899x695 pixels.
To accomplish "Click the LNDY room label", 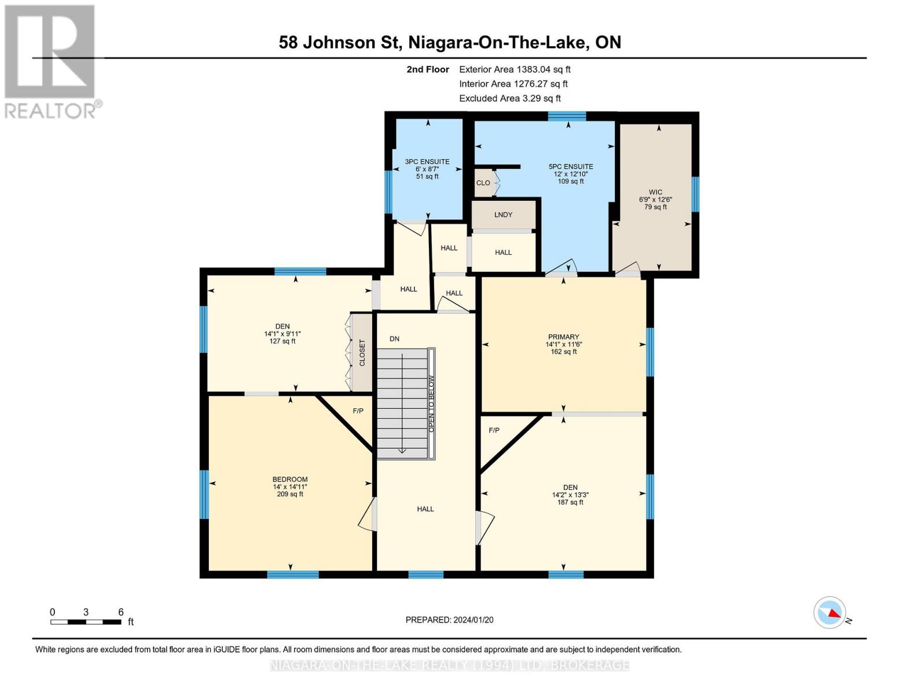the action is tap(503, 214).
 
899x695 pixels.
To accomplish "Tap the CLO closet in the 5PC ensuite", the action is tap(483, 182).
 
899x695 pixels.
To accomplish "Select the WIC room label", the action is tap(655, 192).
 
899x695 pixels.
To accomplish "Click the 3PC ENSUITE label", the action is tap(427, 162).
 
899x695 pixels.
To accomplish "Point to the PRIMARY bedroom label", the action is tap(563, 336).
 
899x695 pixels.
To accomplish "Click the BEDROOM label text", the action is tap(289, 480).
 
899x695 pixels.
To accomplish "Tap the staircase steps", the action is tap(402, 404).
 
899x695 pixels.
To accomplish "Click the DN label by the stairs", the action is tap(394, 339).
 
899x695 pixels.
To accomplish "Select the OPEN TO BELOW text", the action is tap(431, 404).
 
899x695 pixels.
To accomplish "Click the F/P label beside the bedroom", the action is tap(358, 411).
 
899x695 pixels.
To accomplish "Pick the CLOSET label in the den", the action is tap(362, 353).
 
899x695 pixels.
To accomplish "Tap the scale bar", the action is tap(86, 621).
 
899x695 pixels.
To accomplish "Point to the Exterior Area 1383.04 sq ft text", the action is tap(515, 69).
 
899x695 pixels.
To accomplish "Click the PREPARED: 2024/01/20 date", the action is tap(449, 620).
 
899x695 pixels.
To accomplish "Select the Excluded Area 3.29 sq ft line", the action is tap(509, 98).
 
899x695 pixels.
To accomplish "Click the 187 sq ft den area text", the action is tap(570, 502).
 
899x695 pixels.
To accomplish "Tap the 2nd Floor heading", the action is tap(427, 69).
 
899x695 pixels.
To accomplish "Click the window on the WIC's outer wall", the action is tap(695, 194).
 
